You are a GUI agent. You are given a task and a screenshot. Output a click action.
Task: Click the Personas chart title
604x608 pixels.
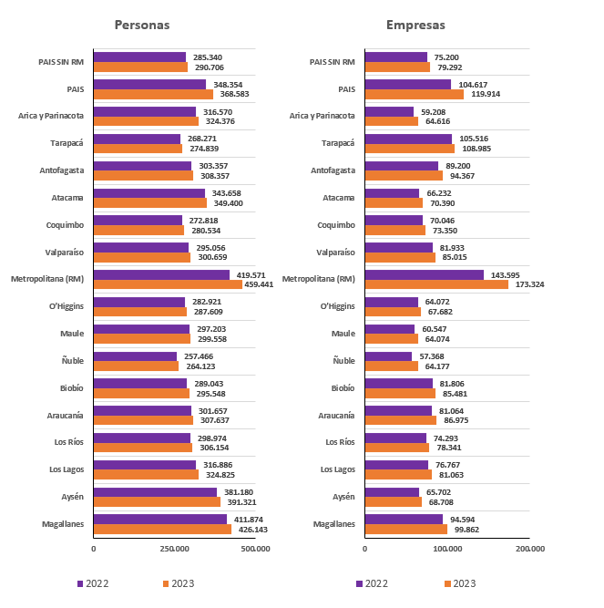[141, 25]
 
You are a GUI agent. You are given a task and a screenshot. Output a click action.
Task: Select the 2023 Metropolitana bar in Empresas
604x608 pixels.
[435, 284]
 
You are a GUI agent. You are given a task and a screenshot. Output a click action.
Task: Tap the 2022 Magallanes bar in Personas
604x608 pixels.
[159, 520]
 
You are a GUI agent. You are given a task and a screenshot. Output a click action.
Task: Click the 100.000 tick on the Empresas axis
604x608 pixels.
[446, 549]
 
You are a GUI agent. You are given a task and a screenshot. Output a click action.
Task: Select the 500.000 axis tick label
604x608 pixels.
[256, 549]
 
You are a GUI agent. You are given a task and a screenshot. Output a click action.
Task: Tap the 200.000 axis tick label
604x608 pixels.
[529, 549]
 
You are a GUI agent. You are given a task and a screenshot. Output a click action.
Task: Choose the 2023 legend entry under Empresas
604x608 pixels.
[459, 583]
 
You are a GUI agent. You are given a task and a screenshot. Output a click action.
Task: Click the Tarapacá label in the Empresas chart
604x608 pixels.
[338, 143]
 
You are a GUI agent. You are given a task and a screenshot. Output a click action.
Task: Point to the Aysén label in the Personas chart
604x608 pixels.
[71, 496]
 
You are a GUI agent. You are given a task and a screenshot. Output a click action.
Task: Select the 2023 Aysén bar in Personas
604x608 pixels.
[157, 501]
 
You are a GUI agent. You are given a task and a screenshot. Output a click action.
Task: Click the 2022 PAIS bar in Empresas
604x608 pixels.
[407, 85]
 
